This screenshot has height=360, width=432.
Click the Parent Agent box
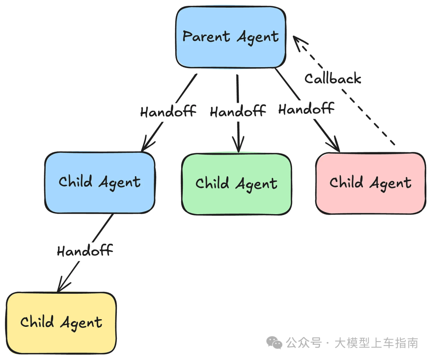231,37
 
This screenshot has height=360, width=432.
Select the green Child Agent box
236,184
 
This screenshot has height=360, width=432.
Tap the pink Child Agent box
370,183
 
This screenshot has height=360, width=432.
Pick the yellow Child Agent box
61,323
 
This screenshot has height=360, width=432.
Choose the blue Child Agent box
100,183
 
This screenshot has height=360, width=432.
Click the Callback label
333,79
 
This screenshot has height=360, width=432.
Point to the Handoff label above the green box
238,111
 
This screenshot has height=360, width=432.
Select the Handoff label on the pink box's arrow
306,109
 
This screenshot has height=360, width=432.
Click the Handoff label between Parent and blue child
168,111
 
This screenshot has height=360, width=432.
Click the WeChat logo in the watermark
274,343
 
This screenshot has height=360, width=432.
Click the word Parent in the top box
206,37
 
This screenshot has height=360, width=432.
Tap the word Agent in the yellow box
81,323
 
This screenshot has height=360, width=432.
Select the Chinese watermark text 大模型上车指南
376,343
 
